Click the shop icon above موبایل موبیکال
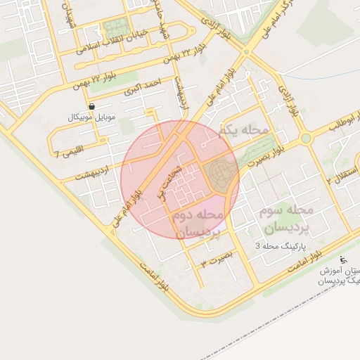(92, 106)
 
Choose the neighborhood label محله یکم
(244, 131)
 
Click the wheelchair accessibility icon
(343, 259)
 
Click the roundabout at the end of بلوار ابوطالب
(306, 139)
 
